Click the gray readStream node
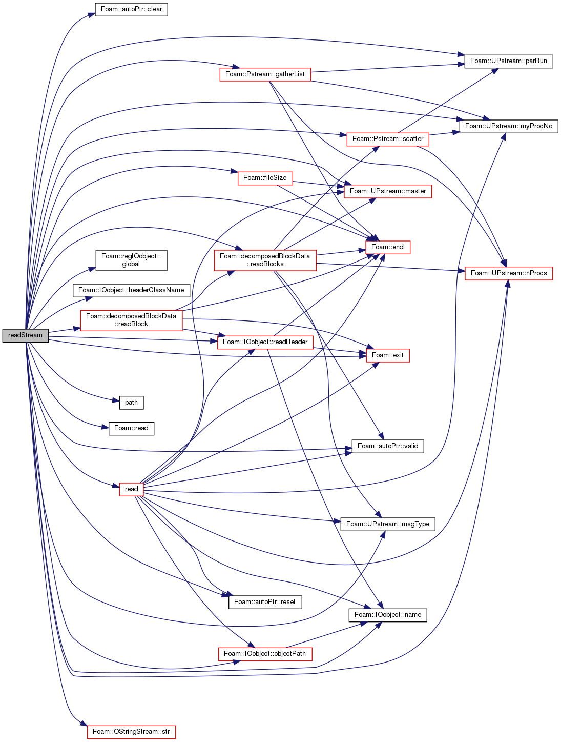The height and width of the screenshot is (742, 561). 26,335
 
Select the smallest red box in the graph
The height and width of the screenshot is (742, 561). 131,490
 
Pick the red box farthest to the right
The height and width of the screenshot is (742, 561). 509,274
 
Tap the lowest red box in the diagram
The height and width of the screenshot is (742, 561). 132,732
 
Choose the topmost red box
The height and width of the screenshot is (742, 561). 265,75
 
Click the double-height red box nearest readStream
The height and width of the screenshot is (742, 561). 131,320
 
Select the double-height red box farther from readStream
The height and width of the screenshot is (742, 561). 265,260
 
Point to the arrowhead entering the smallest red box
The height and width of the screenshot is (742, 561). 115,485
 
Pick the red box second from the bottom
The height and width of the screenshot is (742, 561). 265,654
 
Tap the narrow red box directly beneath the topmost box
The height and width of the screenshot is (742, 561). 265,178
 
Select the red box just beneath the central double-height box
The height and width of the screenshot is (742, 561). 265,343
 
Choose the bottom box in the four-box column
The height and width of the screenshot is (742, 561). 388,356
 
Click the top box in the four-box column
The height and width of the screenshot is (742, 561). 388,139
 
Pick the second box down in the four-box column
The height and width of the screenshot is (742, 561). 388,192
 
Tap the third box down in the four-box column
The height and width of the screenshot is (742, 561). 388,248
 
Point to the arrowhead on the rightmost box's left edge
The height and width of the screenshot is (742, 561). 462,271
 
